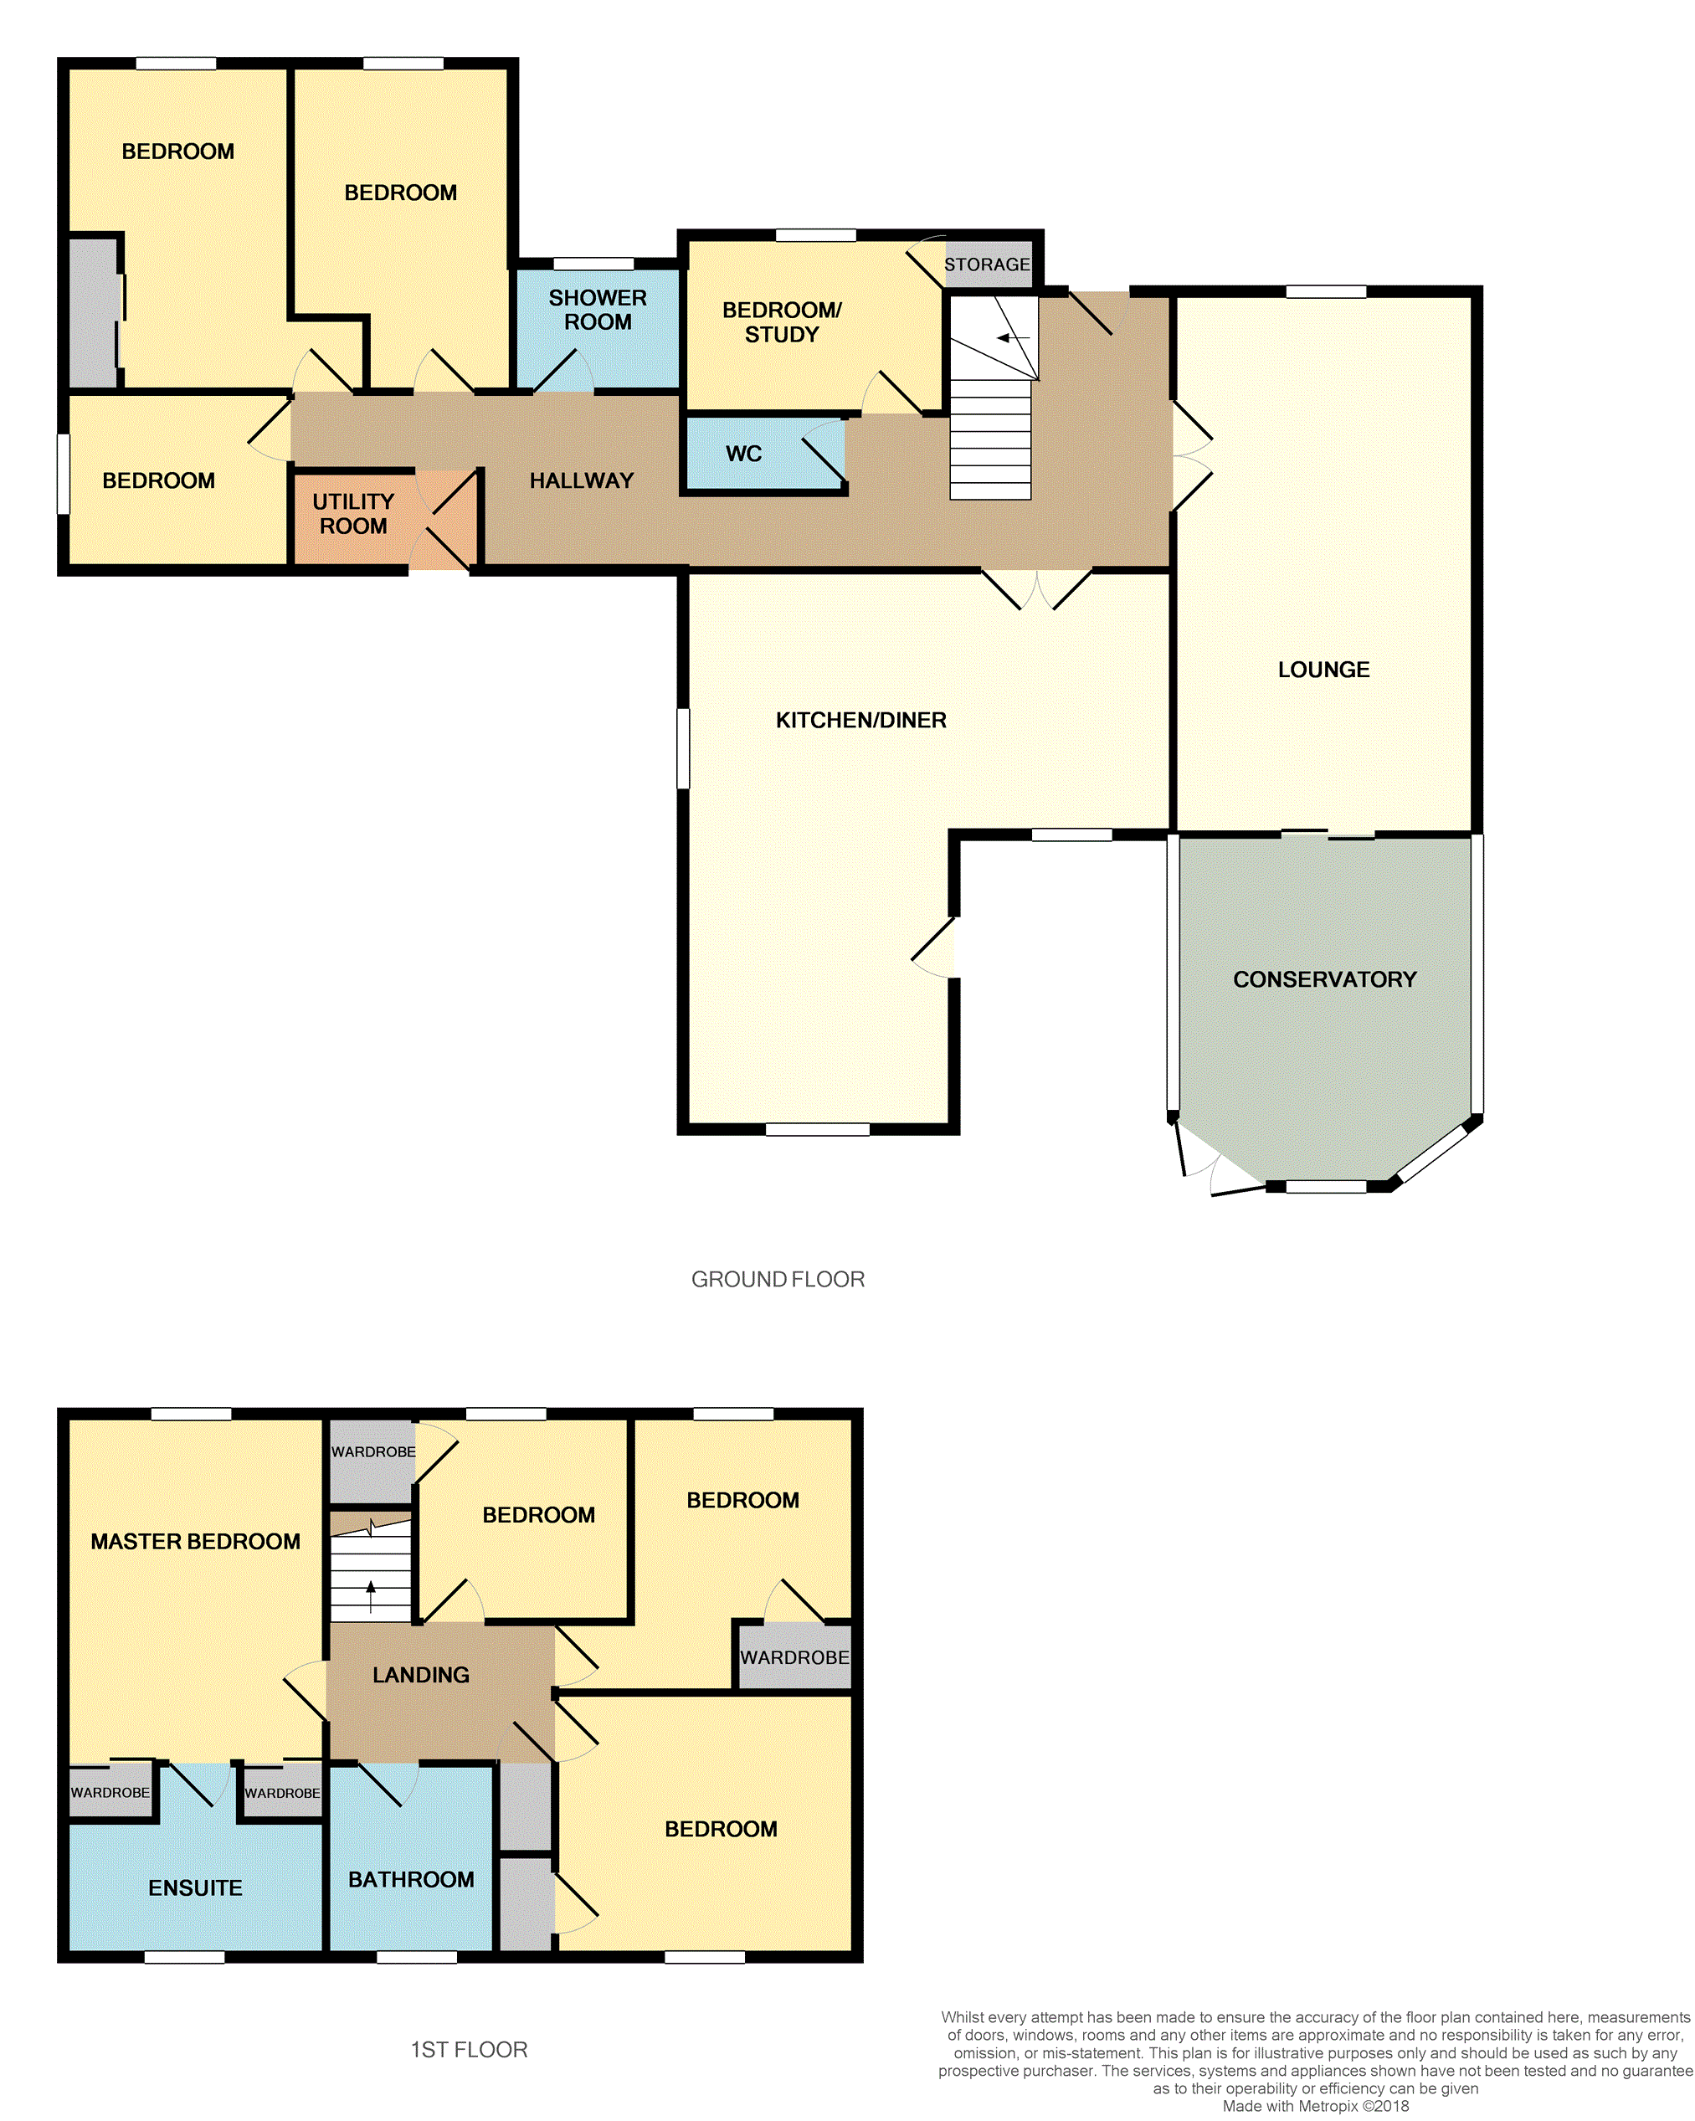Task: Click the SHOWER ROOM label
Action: point(597,309)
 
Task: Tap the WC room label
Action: point(744,454)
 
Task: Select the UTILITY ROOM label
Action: point(353,514)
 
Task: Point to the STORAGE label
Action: point(987,264)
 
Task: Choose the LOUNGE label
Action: point(1323,669)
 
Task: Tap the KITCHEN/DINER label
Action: point(860,720)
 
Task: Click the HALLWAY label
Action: point(582,480)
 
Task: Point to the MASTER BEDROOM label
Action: point(195,1542)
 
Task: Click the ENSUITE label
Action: point(195,1887)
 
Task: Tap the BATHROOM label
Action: point(411,1879)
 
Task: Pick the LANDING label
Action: point(421,1674)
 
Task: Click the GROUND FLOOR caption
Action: point(777,1279)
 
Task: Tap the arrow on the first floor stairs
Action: point(371,1597)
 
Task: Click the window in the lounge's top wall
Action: point(1325,291)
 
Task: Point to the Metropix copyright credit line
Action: point(1315,2106)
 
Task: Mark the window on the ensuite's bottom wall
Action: point(184,1957)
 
